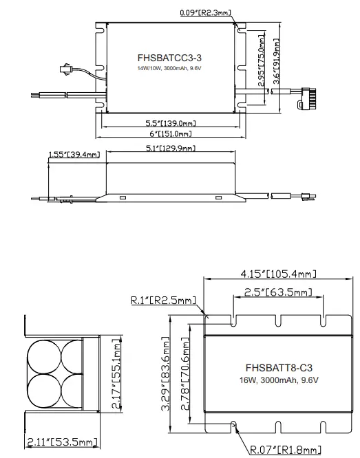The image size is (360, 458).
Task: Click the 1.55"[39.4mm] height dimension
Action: (x=74, y=155)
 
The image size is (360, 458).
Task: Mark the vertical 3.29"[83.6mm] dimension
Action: (x=165, y=375)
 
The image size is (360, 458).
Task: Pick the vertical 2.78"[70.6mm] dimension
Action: (x=184, y=375)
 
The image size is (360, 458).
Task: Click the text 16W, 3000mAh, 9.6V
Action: (x=276, y=380)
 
